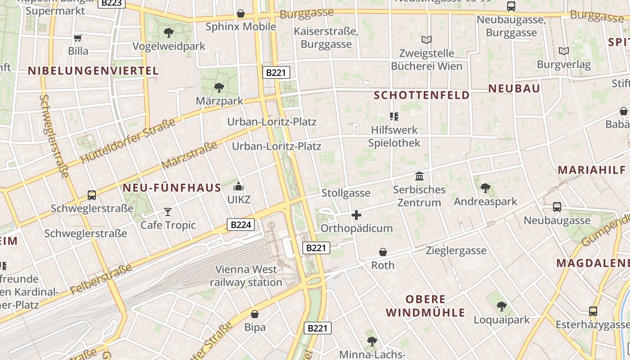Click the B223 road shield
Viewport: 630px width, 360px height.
(111, 3)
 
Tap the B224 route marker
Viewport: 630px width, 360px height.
(240, 225)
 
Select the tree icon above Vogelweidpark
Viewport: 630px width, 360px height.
(169, 32)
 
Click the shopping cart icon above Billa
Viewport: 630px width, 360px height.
(78, 38)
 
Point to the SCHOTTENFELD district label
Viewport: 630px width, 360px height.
(422, 95)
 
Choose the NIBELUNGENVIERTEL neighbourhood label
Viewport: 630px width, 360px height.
(93, 71)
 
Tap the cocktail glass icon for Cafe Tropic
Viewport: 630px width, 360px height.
(168, 211)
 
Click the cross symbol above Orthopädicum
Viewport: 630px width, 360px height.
(356, 215)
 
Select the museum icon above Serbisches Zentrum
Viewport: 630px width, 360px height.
(419, 176)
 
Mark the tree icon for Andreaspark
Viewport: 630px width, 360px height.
(485, 188)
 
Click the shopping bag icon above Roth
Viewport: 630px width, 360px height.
(383, 252)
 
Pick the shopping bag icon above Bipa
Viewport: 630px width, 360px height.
(255, 314)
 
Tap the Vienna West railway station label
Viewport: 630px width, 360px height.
(246, 276)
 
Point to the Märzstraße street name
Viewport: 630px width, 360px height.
(189, 155)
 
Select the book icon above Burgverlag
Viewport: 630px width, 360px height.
(563, 51)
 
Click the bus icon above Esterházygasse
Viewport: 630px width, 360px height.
(593, 311)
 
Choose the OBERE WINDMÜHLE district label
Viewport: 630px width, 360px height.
(425, 306)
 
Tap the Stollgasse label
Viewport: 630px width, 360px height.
(346, 193)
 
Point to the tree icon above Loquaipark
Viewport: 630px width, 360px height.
(501, 306)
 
